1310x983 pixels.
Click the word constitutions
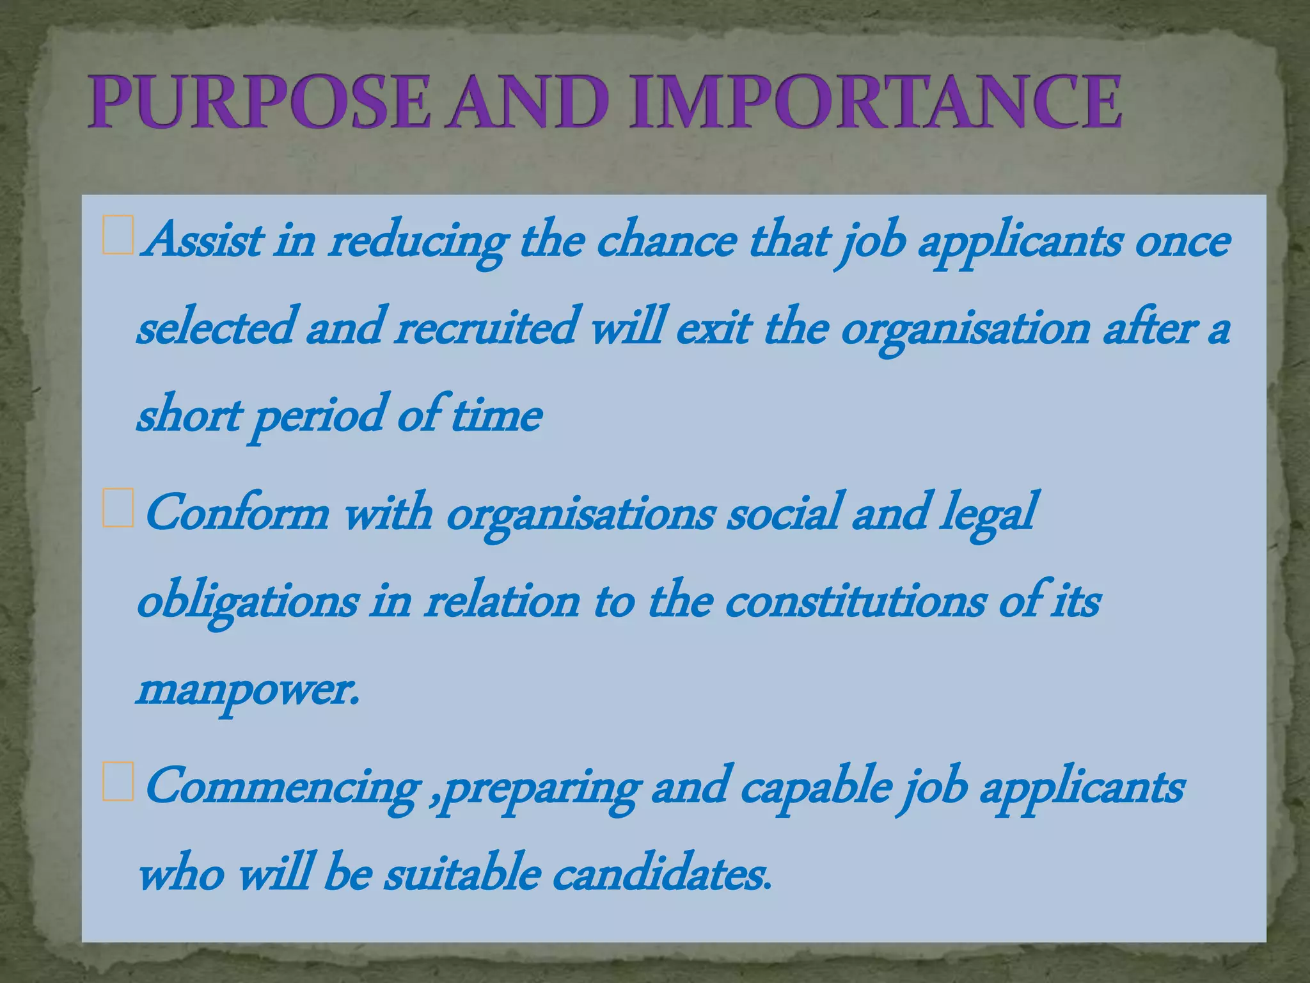pyautogui.click(x=855, y=602)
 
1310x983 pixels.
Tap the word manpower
pyautogui.click(x=247, y=691)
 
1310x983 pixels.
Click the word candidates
pyautogui.click(x=661, y=874)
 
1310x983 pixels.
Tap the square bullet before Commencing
pyautogui.click(x=118, y=782)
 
